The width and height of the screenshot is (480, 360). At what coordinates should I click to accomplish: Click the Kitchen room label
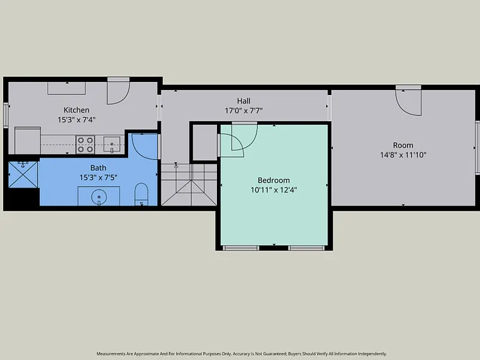pyautogui.click(x=76, y=110)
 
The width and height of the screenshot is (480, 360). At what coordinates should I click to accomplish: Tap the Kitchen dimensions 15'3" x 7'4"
pyautogui.click(x=76, y=120)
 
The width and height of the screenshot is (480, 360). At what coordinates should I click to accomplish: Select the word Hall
pyautogui.click(x=244, y=101)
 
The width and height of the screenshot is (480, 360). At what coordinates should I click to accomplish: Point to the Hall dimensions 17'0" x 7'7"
pyautogui.click(x=244, y=111)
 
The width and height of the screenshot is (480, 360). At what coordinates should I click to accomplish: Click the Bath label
pyautogui.click(x=98, y=167)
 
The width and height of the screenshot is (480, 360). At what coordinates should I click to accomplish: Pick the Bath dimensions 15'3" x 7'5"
pyautogui.click(x=98, y=177)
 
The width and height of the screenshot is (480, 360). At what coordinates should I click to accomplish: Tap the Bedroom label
pyautogui.click(x=274, y=180)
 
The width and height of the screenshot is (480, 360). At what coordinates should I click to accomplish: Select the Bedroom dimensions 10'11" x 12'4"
pyautogui.click(x=274, y=190)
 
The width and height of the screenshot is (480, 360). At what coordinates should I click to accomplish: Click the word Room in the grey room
pyautogui.click(x=403, y=145)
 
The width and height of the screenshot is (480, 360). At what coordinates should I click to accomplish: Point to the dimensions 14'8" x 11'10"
pyautogui.click(x=403, y=155)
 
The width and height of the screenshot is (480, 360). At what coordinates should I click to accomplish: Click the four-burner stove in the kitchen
pyautogui.click(x=85, y=144)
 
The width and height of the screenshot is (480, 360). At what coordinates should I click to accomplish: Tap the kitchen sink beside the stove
pyautogui.click(x=112, y=144)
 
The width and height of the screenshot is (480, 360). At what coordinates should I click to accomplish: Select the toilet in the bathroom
pyautogui.click(x=141, y=194)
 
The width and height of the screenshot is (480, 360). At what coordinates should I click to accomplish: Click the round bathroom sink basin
pyautogui.click(x=99, y=196)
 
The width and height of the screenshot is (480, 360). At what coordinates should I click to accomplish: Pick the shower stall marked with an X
pyautogui.click(x=23, y=174)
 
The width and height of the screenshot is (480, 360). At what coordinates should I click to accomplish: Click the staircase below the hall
pyautogui.click(x=189, y=184)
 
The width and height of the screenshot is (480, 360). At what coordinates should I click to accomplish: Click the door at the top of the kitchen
pyautogui.click(x=119, y=91)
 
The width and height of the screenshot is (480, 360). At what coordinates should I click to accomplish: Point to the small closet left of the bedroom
pyautogui.click(x=205, y=142)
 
